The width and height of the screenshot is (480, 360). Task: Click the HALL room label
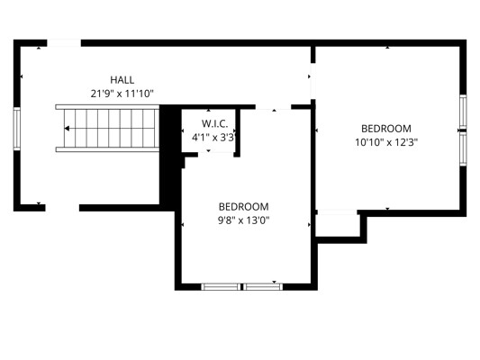click(x=122, y=80)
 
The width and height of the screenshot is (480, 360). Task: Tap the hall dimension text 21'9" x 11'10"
click(x=122, y=94)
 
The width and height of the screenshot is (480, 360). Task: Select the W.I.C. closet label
click(x=214, y=124)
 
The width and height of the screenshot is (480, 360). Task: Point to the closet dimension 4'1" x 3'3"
click(x=213, y=138)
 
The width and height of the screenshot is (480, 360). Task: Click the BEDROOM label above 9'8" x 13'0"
click(x=244, y=207)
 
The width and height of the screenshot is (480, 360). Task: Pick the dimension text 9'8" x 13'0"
click(x=244, y=220)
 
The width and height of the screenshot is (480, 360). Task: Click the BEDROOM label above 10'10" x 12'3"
click(x=386, y=129)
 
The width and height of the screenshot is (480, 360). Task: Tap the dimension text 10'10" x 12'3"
click(x=386, y=142)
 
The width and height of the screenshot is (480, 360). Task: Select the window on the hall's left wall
click(x=16, y=129)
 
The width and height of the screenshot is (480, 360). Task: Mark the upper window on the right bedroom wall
click(x=463, y=112)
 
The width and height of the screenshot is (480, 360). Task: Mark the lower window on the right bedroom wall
click(x=463, y=149)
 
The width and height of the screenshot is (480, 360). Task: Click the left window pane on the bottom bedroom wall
click(x=221, y=287)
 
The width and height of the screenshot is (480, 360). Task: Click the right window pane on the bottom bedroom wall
click(x=263, y=287)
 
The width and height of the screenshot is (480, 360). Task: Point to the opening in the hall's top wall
click(x=64, y=43)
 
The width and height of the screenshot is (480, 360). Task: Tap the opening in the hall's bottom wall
click(x=62, y=208)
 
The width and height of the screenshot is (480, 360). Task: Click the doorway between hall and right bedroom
click(x=312, y=81)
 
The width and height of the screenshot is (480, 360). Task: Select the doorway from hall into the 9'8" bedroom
click(x=273, y=107)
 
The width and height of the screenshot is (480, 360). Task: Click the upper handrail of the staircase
click(x=107, y=107)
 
